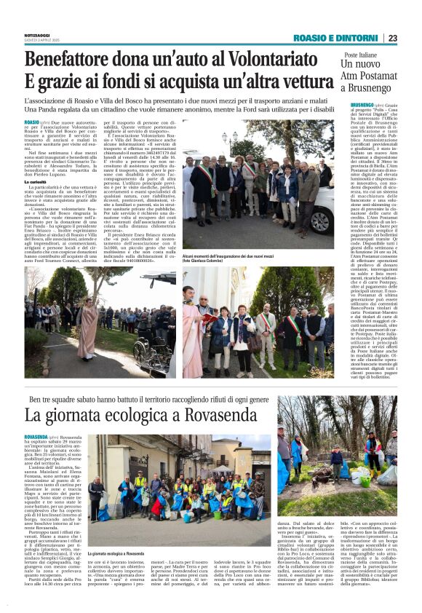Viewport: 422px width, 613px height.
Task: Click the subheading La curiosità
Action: (x=39, y=181)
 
